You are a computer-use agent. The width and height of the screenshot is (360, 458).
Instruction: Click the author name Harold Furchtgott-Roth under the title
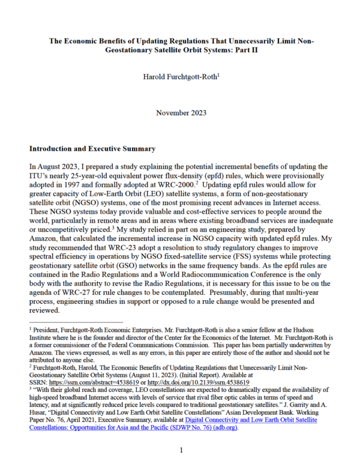point(180,77)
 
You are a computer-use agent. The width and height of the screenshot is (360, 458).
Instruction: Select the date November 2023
point(180,112)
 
